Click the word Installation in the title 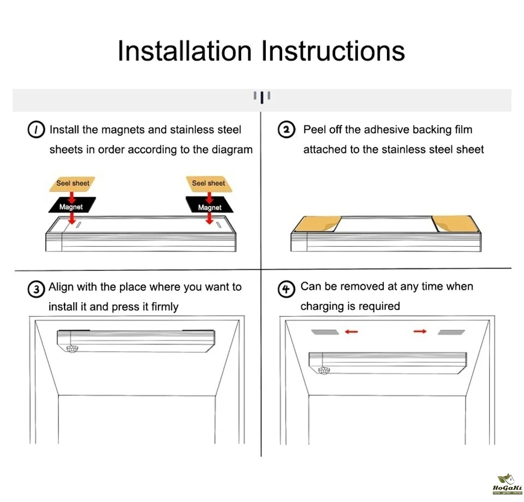tap(184, 51)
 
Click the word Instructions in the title tap(333, 51)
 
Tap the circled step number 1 tap(36, 129)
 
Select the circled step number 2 tap(287, 129)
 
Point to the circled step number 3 tap(36, 289)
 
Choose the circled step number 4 tap(287, 289)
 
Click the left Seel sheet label tap(73, 183)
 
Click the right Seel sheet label tap(209, 183)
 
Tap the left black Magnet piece tap(72, 205)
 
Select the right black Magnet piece tap(210, 205)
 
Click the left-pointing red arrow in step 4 tap(351, 332)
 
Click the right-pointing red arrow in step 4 tap(420, 331)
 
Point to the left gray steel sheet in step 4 tap(325, 332)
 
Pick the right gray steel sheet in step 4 tap(451, 332)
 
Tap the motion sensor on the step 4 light tap(324, 370)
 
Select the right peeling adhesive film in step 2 tap(455, 224)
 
